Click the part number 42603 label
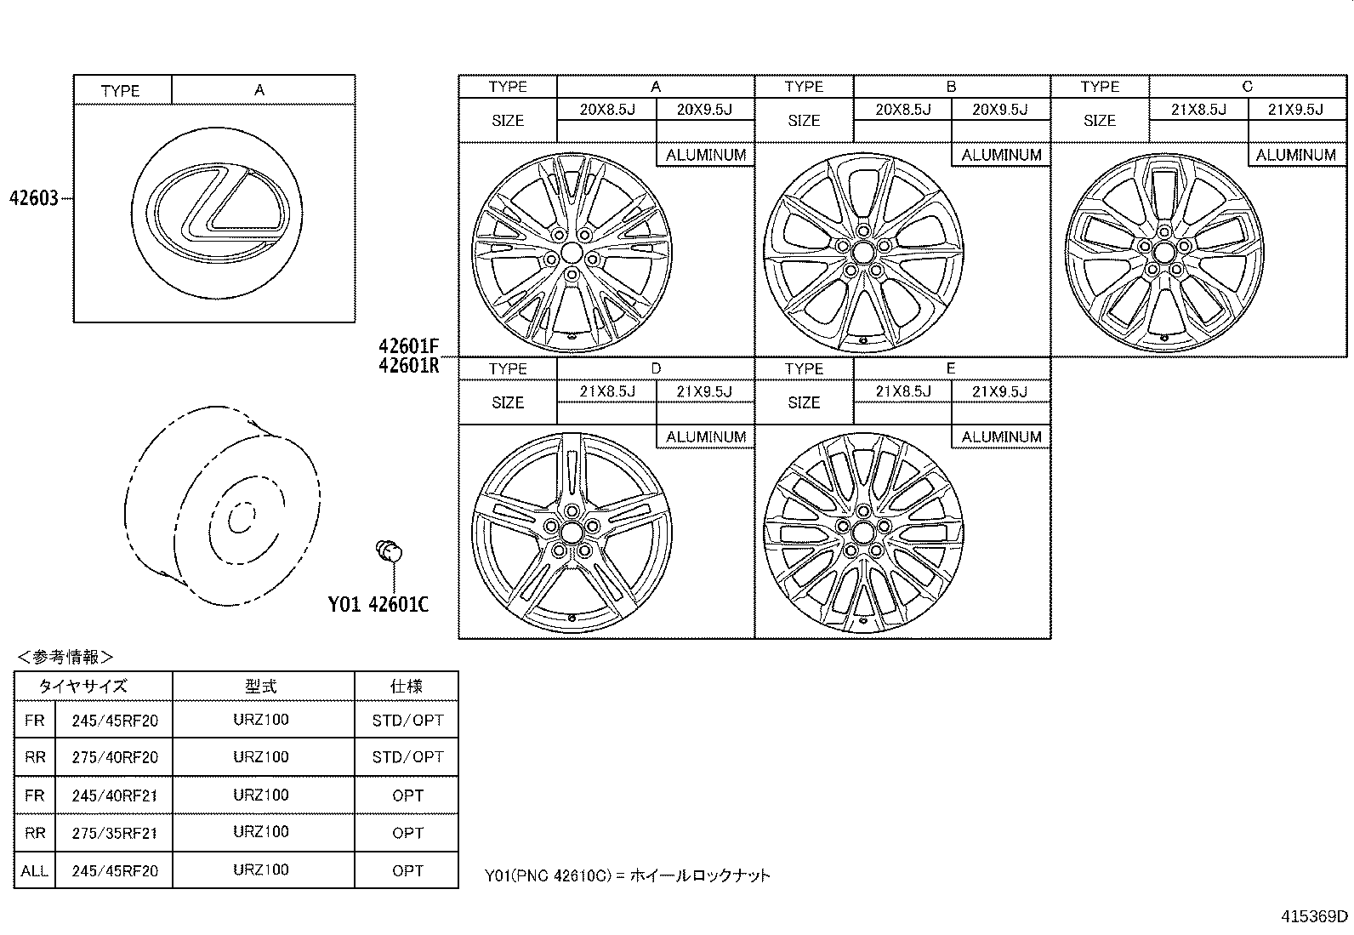coord(34,197)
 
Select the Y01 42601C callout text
coord(378,603)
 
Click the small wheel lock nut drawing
coord(389,551)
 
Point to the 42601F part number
coord(408,346)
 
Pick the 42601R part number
coord(408,365)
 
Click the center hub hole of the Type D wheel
coord(571,533)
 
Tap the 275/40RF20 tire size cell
coord(115,757)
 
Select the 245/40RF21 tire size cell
coord(115,795)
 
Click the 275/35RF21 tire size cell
coord(115,833)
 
